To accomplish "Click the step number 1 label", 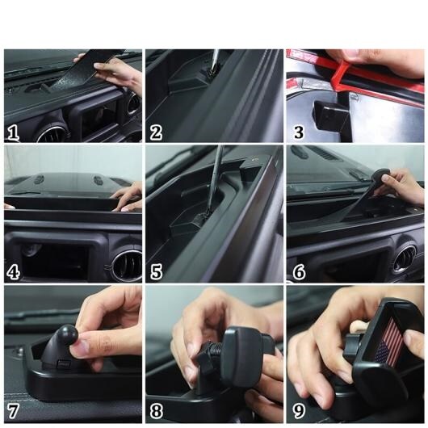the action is pos(13,132).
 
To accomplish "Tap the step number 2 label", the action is pos(156,132).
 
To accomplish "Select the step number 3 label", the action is pos(298,132).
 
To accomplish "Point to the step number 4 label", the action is pos(13,272).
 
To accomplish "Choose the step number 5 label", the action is pos(156,272).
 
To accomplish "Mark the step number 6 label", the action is pos(299,272).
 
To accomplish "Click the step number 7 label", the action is pos(13,411).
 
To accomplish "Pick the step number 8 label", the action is pos(156,411).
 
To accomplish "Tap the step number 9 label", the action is pos(299,411).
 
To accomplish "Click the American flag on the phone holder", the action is pos(389,343).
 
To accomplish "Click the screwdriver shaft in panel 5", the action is pos(215,178).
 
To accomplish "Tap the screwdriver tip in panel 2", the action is pos(211,70).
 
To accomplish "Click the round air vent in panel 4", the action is pos(128,264).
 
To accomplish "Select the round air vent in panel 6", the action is pos(405,258).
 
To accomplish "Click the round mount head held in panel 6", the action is pos(380,174).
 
